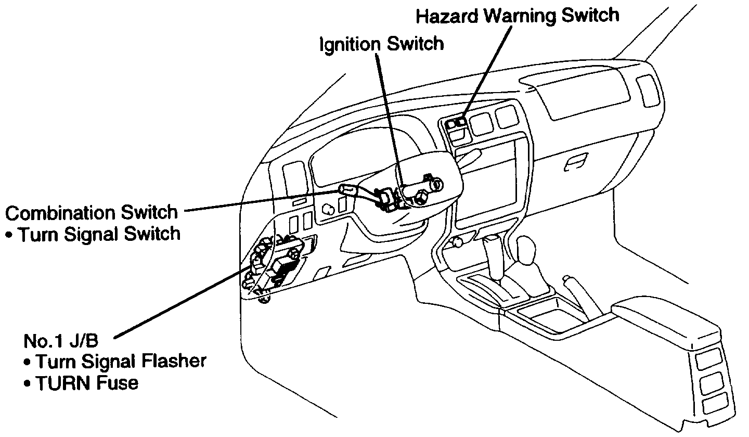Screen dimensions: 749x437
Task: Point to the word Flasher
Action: [x=176, y=361]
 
